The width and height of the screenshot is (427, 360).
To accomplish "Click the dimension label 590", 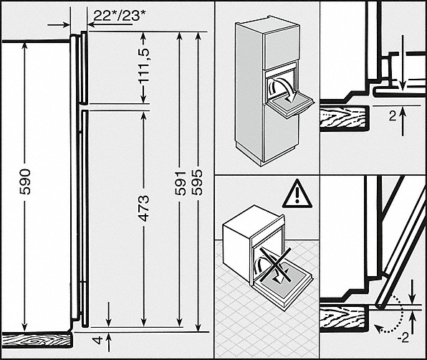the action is pyautogui.click(x=25, y=181).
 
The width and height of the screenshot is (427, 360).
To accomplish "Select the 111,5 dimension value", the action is pyautogui.click(x=143, y=66).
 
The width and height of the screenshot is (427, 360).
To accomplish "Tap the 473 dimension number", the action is pyautogui.click(x=143, y=208).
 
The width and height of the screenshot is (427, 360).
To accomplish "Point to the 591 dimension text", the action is pyautogui.click(x=180, y=183).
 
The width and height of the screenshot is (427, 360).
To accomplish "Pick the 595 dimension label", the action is pyautogui.click(x=197, y=182).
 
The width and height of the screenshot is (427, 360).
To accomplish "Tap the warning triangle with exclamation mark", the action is pyautogui.click(x=297, y=195).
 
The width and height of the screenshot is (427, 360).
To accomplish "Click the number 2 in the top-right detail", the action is pyautogui.click(x=393, y=117).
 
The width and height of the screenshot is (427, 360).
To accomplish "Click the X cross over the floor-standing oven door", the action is pyautogui.click(x=274, y=266).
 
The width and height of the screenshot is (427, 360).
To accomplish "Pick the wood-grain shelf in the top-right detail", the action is pyautogui.click(x=344, y=118).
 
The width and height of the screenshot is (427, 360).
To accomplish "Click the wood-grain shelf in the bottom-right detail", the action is pyautogui.click(x=344, y=318).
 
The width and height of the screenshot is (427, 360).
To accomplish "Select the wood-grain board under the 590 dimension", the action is pyautogui.click(x=37, y=340).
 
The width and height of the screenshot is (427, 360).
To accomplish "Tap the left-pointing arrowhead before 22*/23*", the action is pyautogui.click(x=91, y=25).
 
